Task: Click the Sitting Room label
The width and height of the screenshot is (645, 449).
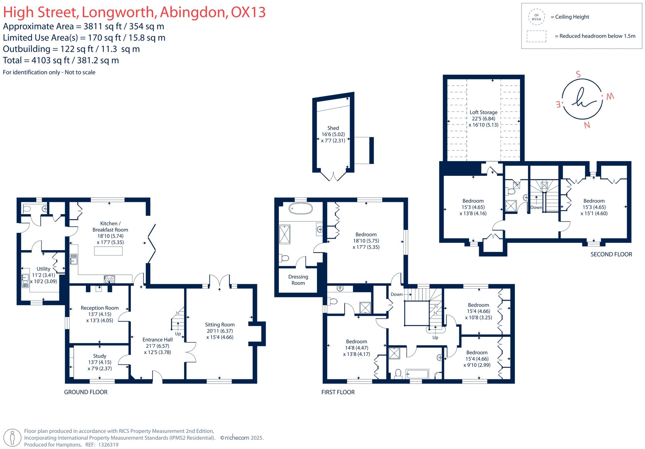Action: [220, 325]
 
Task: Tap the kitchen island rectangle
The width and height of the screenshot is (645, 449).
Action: [108, 251]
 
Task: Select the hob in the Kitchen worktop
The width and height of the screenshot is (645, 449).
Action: [110, 279]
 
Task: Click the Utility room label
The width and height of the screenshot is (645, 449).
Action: [43, 269]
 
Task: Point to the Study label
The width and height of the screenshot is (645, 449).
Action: [100, 356]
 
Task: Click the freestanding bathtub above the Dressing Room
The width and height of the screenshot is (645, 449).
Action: [301, 208]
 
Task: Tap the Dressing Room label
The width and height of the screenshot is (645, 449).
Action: [298, 280]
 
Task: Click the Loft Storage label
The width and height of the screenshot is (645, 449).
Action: [483, 112]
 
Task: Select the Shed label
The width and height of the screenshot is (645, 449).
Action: [333, 128]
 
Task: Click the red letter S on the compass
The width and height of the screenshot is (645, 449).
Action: [578, 75]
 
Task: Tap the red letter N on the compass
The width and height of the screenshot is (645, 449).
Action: [587, 125]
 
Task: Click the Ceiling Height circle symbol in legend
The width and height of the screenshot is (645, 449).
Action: [536, 17]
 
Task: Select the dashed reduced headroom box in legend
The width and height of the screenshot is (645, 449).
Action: [536, 36]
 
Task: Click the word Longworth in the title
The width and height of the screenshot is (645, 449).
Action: [118, 13]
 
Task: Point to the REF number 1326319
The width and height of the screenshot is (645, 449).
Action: [108, 445]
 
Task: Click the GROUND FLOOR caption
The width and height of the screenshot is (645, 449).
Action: [86, 392]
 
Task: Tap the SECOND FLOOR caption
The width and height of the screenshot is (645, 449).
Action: [611, 254]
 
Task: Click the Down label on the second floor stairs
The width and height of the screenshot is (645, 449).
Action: [536, 207]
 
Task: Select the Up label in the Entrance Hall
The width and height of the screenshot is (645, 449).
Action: [178, 334]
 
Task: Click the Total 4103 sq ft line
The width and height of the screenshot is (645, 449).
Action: [61, 60]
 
